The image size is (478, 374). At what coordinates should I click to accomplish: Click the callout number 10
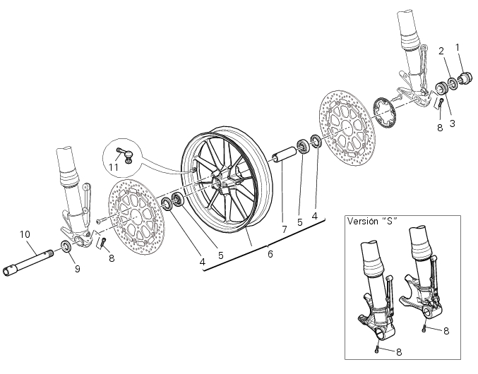pyautogui.click(x=25, y=234)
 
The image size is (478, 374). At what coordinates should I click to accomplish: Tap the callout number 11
pyautogui.click(x=114, y=167)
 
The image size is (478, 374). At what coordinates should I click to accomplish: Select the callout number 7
pyautogui.click(x=285, y=229)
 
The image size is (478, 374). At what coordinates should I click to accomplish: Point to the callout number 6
pyautogui.click(x=270, y=254)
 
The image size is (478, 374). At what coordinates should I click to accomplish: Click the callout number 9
pyautogui.click(x=78, y=269)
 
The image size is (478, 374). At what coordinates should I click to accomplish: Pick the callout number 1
pyautogui.click(x=458, y=47)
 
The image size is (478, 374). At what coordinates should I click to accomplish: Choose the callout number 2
pyautogui.click(x=441, y=51)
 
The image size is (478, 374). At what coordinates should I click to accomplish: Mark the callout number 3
pyautogui.click(x=452, y=123)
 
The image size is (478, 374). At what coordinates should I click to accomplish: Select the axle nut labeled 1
pyautogui.click(x=466, y=78)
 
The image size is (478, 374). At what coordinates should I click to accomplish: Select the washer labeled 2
pyautogui.click(x=453, y=84)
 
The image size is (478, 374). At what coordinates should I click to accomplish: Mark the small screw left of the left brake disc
pyautogui.click(x=101, y=220)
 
